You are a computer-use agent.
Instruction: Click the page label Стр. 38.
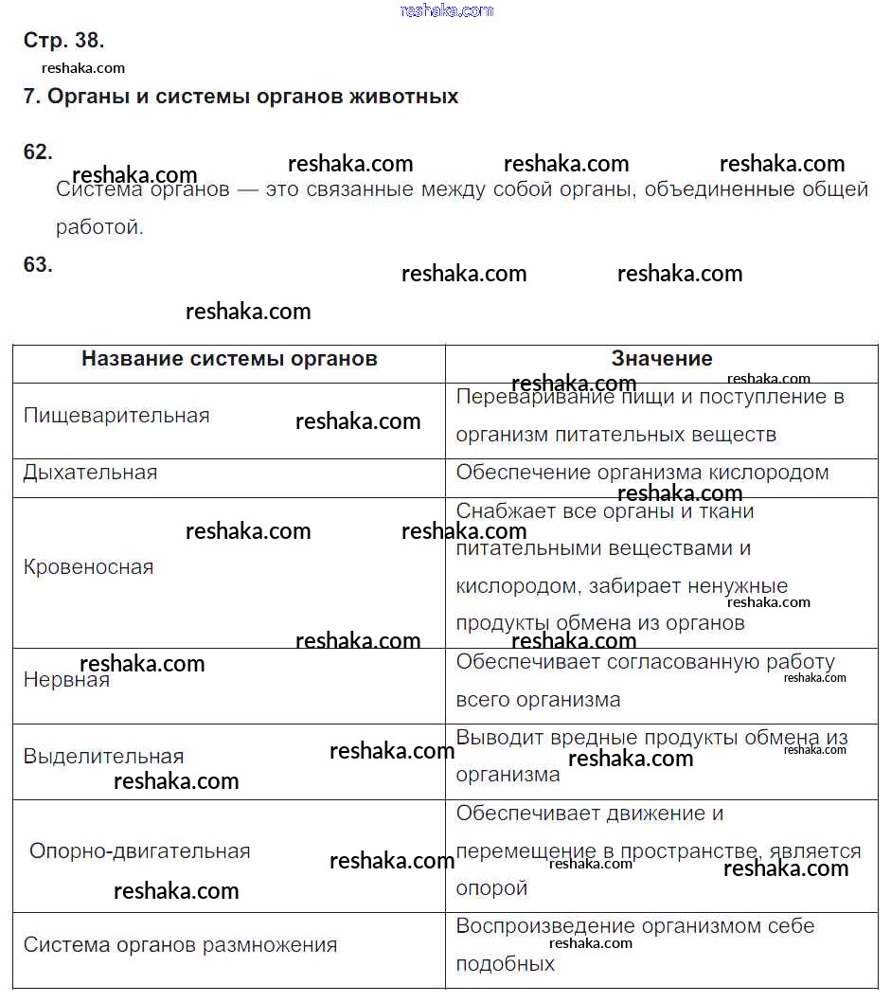click(x=63, y=41)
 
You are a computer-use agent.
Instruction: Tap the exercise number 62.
click(x=38, y=152)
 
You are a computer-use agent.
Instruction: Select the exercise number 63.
click(x=38, y=265)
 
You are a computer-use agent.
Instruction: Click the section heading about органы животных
click(x=241, y=97)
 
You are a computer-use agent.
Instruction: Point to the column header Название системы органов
click(x=229, y=359)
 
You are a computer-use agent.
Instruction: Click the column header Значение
click(x=662, y=359)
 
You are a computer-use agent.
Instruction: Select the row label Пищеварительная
click(x=116, y=416)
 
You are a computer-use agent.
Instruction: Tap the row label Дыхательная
click(x=90, y=473)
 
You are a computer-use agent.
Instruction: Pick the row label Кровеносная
click(x=88, y=567)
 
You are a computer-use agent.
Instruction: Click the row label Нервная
click(x=66, y=680)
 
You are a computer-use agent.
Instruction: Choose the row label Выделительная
click(x=103, y=757)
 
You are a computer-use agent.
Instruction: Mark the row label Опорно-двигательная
click(x=140, y=851)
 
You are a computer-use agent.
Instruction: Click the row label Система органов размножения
click(x=180, y=945)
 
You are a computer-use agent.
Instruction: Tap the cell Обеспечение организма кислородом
click(x=642, y=473)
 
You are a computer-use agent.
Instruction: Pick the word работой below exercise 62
click(x=99, y=228)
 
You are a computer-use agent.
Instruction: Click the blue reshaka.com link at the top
click(x=447, y=10)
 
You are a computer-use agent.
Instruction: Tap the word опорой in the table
click(x=491, y=888)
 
